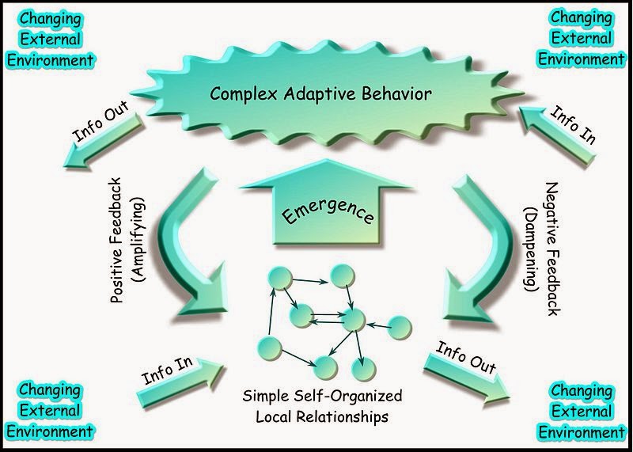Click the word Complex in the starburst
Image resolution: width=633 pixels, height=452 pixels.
(244, 94)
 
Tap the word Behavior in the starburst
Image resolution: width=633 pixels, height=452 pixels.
(397, 93)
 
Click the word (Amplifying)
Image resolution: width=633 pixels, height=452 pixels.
(138, 239)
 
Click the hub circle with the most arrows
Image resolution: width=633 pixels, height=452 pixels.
(354, 319)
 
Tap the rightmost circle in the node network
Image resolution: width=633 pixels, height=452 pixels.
(400, 327)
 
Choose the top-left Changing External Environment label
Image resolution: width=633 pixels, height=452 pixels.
(51, 40)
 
